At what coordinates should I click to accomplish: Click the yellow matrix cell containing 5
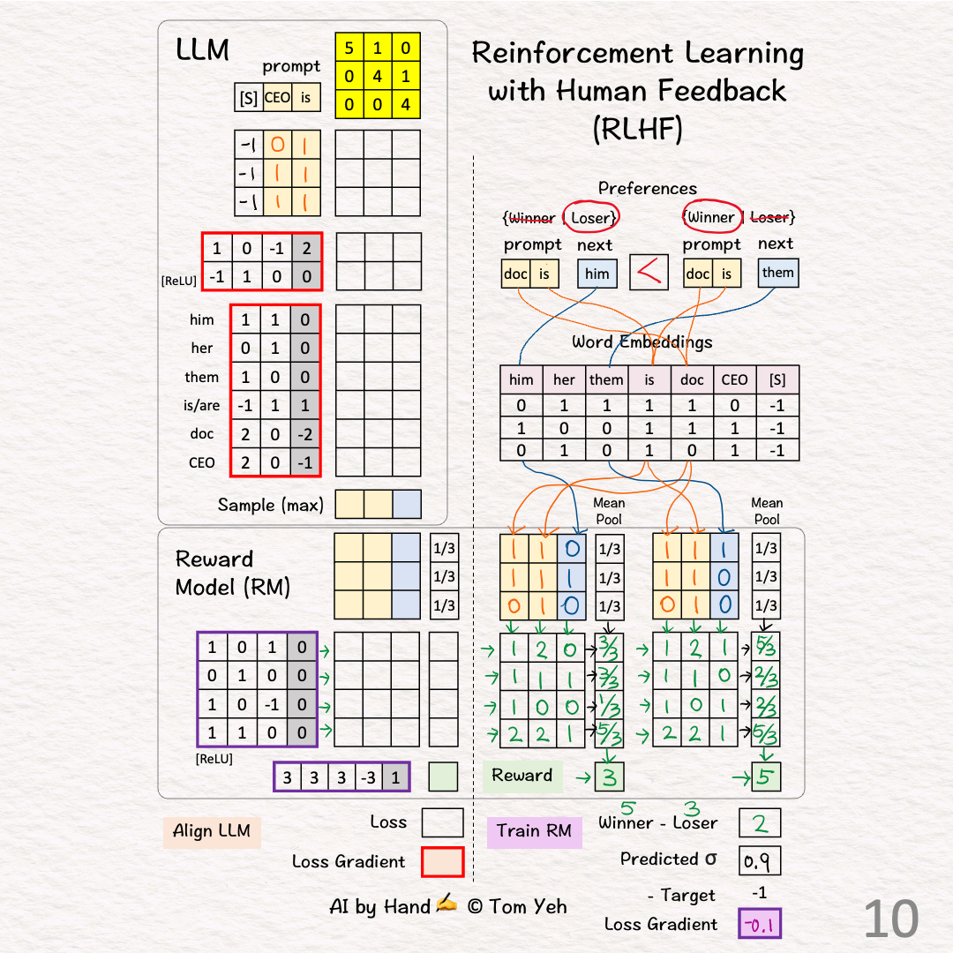pyautogui.click(x=350, y=48)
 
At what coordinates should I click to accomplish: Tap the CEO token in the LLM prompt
pyautogui.click(x=277, y=98)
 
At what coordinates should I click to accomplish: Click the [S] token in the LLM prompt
pyautogui.click(x=249, y=98)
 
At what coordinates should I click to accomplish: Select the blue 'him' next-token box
pyautogui.click(x=597, y=274)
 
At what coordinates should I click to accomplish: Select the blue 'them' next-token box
pyautogui.click(x=778, y=273)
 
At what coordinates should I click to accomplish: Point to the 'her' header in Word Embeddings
pyautogui.click(x=564, y=379)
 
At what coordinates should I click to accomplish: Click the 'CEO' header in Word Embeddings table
pyautogui.click(x=734, y=379)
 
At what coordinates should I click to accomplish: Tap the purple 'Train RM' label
pyautogui.click(x=534, y=830)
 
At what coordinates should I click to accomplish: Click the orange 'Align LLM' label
pyautogui.click(x=212, y=830)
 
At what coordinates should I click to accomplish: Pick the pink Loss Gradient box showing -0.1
pyautogui.click(x=759, y=924)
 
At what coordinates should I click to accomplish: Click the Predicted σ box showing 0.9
pyautogui.click(x=759, y=859)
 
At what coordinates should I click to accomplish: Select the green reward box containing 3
pyautogui.click(x=609, y=777)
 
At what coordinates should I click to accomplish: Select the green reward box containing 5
pyautogui.click(x=765, y=777)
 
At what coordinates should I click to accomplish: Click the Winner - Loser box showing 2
pyautogui.click(x=759, y=823)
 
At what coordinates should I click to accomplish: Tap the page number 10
pyautogui.click(x=891, y=919)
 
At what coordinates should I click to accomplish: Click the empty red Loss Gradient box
pyautogui.click(x=442, y=861)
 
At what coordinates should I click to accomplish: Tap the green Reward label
pyautogui.click(x=522, y=776)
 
